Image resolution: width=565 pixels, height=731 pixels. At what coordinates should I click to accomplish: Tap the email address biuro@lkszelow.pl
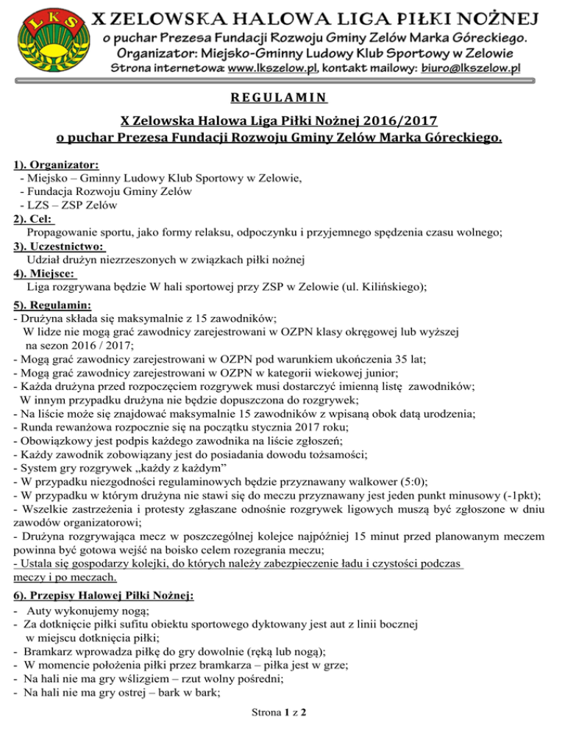tap(468, 68)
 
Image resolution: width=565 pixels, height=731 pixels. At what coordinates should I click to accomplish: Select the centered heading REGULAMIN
tap(282, 96)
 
